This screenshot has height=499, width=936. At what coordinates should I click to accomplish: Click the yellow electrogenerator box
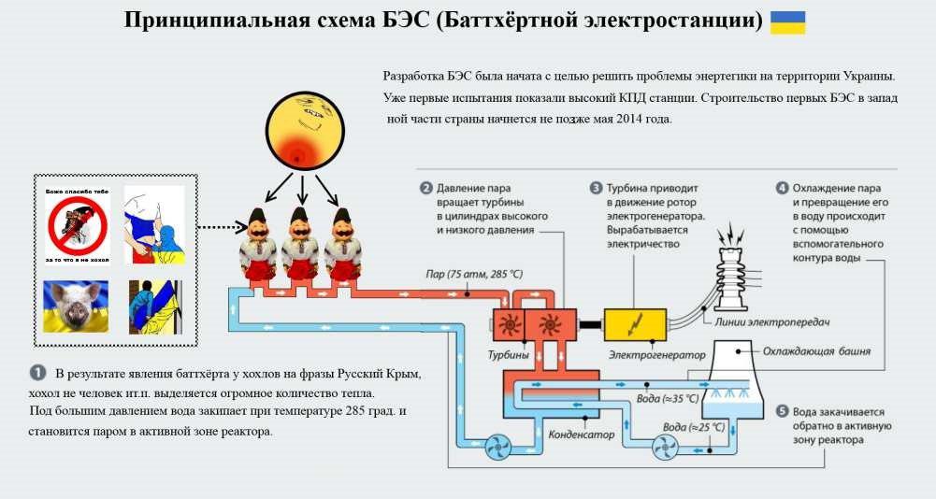click(635, 324)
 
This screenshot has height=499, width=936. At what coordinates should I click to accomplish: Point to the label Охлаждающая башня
click(816, 351)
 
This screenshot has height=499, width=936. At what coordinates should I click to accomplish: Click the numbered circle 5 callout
click(782, 411)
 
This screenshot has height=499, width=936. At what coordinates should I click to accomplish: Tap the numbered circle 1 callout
click(38, 373)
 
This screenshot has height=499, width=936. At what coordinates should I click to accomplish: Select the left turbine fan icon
click(508, 325)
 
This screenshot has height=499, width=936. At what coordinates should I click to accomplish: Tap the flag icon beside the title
click(787, 22)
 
